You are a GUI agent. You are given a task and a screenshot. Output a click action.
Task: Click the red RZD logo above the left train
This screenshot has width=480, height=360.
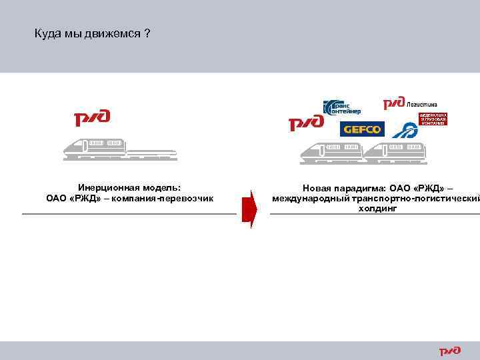(x=92, y=119)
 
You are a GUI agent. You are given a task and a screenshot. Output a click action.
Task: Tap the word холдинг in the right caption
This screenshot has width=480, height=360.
(x=377, y=208)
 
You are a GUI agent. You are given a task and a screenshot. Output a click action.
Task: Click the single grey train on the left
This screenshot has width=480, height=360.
(x=120, y=149)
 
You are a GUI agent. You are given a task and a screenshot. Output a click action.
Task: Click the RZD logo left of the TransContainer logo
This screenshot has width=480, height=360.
(x=305, y=124)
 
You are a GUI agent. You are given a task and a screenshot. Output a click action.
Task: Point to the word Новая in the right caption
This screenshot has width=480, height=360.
(x=315, y=189)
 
